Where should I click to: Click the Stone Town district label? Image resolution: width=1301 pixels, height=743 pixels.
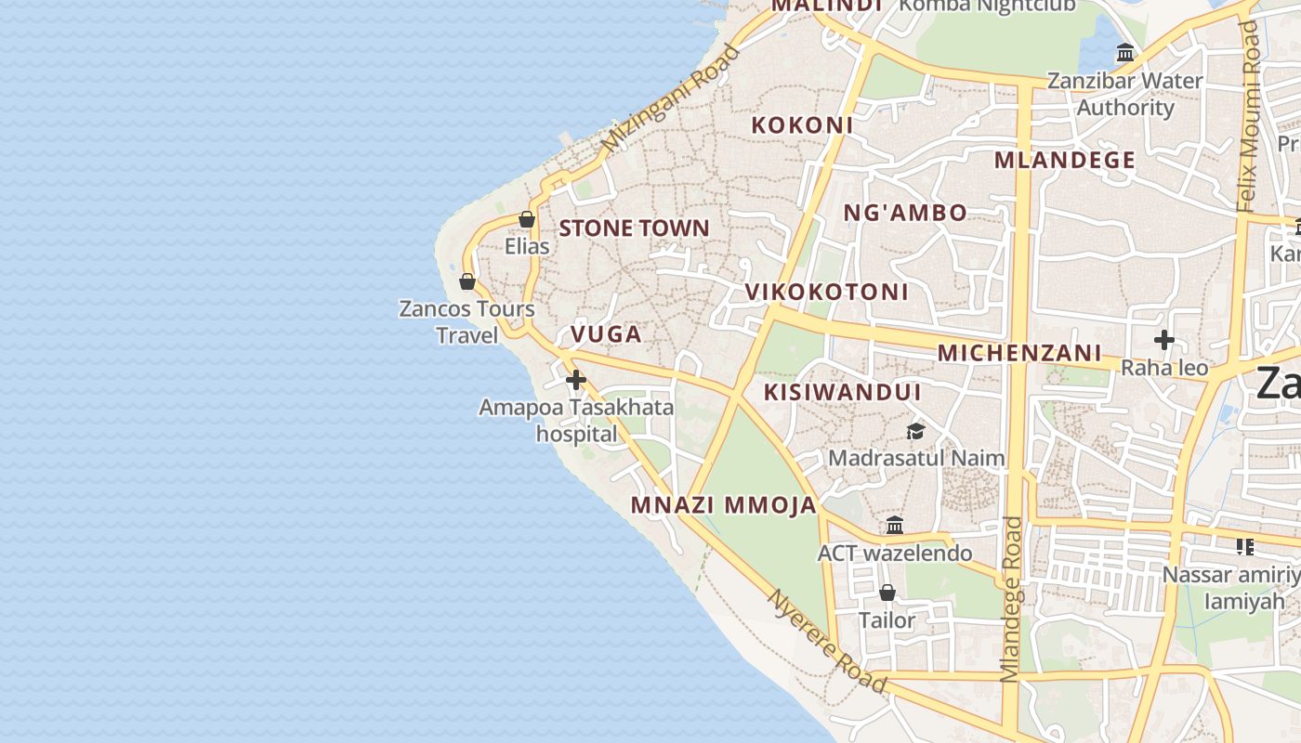634,228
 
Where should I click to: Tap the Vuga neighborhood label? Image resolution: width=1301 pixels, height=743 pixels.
606,334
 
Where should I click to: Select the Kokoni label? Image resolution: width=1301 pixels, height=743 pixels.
802,125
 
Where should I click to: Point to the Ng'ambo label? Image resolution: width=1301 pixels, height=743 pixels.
905,214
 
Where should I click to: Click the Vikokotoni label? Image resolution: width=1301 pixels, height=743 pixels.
826,293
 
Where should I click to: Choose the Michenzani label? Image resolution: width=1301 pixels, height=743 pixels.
1019,354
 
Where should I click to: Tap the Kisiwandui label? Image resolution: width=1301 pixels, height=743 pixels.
842,393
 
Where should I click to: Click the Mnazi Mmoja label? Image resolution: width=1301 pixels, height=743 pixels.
724,506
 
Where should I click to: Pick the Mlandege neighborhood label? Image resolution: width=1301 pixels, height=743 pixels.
1065,161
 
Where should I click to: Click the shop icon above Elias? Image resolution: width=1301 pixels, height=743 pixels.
527,220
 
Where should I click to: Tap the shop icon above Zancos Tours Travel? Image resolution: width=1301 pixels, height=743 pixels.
467,281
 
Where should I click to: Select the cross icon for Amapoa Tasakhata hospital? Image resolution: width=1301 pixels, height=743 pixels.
576,380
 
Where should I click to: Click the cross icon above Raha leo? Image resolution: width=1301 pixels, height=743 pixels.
1163,340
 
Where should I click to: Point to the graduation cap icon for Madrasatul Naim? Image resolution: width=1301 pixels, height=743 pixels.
915,432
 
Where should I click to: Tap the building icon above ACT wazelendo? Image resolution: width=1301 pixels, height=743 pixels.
895,526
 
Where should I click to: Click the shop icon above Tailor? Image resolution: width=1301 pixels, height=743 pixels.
887,593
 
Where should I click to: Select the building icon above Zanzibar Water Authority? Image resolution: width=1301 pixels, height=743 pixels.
1125,53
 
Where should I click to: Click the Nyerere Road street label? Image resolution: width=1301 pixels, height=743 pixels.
826,641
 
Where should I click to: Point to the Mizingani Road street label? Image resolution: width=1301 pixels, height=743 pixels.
670,99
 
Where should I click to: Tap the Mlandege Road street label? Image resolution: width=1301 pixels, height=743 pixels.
1011,599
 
